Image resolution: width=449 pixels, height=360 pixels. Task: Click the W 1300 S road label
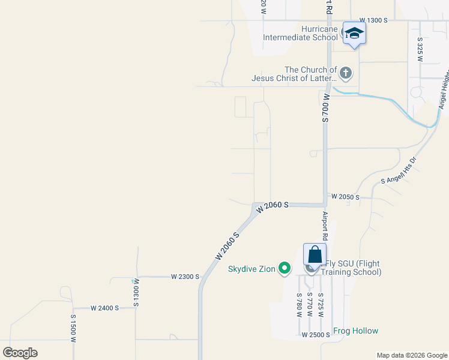click(x=374, y=20)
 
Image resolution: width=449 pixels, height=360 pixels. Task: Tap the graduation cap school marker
click(x=354, y=33)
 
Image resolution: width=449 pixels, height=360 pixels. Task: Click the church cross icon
click(x=345, y=74)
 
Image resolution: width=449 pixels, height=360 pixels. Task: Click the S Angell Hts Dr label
click(x=399, y=171)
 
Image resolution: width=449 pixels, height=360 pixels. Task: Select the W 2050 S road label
click(x=345, y=197)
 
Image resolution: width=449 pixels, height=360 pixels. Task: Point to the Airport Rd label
click(x=325, y=226)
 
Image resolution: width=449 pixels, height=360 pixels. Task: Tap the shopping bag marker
click(x=315, y=255)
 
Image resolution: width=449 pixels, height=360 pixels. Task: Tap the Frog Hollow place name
click(x=355, y=331)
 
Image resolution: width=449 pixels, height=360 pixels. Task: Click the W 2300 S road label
click(x=184, y=277)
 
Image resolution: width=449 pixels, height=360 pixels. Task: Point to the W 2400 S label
click(x=104, y=308)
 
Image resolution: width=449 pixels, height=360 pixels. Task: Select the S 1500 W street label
click(x=73, y=328)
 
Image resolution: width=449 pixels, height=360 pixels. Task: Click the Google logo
click(x=20, y=353)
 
